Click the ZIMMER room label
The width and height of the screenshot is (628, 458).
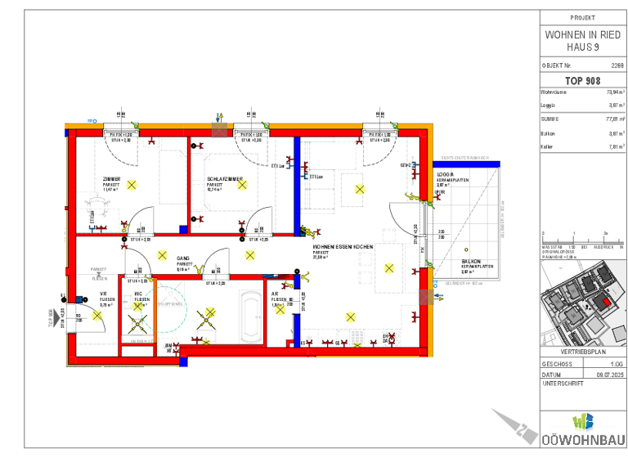(111, 179)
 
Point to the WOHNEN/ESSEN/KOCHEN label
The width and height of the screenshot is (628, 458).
(343, 246)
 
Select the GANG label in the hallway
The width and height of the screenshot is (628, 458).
(183, 258)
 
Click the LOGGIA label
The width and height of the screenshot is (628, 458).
(445, 174)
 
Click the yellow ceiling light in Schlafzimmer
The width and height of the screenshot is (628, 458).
(242, 185)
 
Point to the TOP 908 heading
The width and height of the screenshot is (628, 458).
(582, 81)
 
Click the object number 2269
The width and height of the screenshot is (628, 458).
(617, 64)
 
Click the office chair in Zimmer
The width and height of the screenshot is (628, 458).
(88, 208)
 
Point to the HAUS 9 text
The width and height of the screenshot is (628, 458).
(582, 48)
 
